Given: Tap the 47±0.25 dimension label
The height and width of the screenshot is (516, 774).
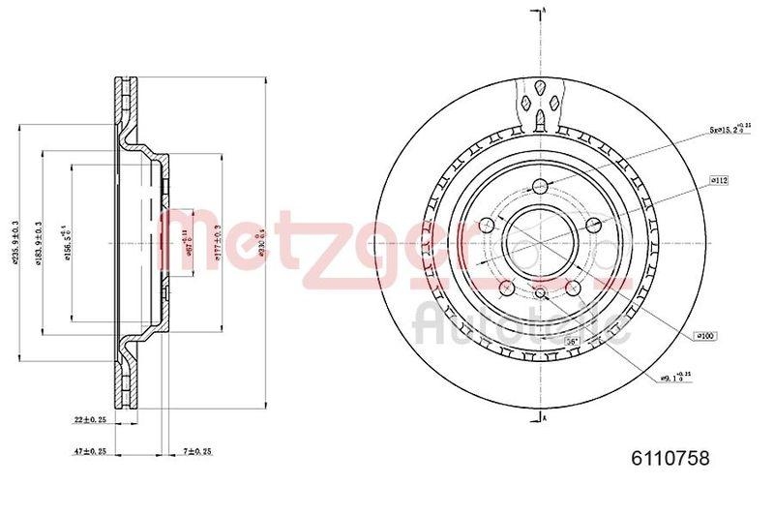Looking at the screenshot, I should coord(90,451).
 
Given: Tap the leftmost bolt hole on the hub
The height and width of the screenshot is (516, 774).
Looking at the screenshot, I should coord(488,226).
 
